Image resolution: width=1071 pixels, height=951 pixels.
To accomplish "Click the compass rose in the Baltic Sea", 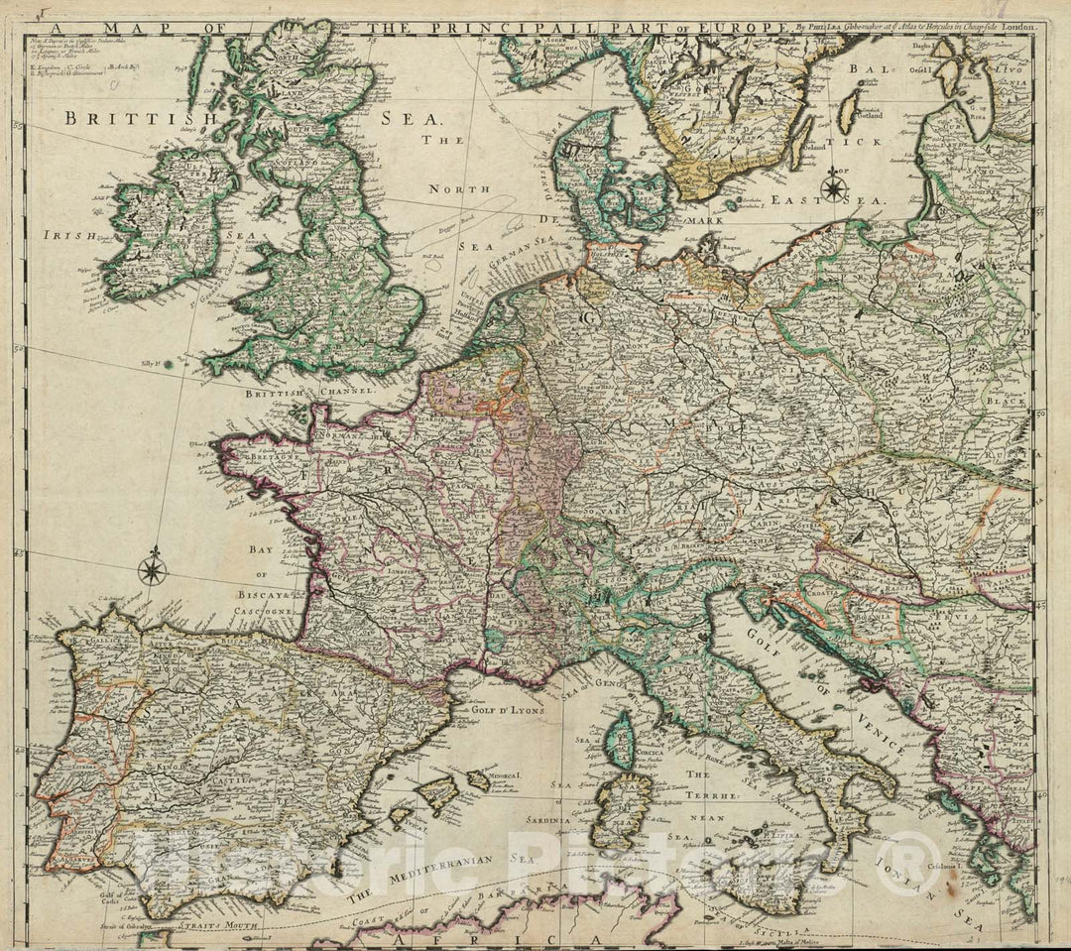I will pos(833,185).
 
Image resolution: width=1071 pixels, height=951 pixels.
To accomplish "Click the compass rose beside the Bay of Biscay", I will pos(152,568).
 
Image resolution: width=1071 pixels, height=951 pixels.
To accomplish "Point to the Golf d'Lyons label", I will pos(496,708).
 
